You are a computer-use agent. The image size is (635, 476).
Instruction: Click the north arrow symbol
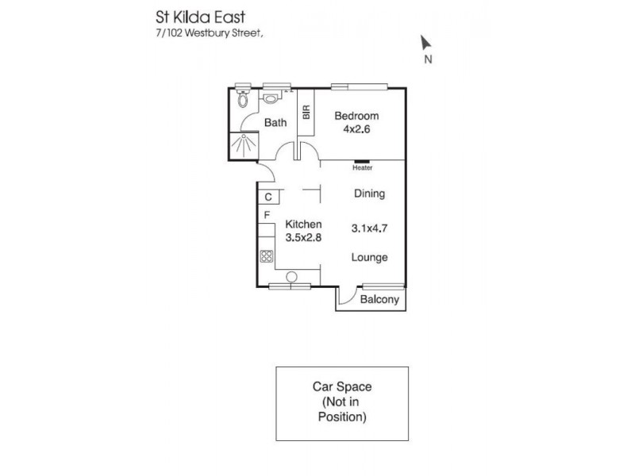tap(426, 43)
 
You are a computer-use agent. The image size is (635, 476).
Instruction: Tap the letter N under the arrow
tap(428, 59)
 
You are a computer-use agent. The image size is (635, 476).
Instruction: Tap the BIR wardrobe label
tap(306, 112)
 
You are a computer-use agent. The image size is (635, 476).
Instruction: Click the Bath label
tap(275, 122)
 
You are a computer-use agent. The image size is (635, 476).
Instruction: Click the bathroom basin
tap(271, 98)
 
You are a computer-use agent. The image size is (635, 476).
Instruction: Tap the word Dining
tap(369, 193)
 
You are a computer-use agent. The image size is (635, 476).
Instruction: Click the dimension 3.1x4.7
tap(369, 229)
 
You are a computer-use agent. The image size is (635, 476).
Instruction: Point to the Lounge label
tap(370, 257)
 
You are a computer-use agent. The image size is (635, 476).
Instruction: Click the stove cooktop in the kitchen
tap(267, 256)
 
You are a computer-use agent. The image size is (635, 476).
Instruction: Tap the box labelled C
tap(268, 197)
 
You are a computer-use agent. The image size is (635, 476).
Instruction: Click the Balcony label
tap(379, 300)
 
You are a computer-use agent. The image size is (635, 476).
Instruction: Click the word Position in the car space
tap(342, 416)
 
